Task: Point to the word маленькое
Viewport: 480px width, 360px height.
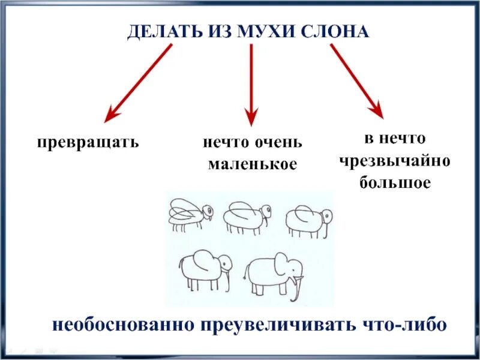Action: point(252,164)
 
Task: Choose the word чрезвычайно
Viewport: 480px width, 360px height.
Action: point(394,161)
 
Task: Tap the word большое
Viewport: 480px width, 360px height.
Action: point(394,182)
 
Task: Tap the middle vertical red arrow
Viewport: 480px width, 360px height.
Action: point(251,84)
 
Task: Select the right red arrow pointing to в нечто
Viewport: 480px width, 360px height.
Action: point(356,81)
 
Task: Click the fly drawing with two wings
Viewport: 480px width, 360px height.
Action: point(190,215)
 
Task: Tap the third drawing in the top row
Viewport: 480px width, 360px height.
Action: point(308,221)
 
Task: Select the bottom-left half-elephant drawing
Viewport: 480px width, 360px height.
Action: point(206,270)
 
